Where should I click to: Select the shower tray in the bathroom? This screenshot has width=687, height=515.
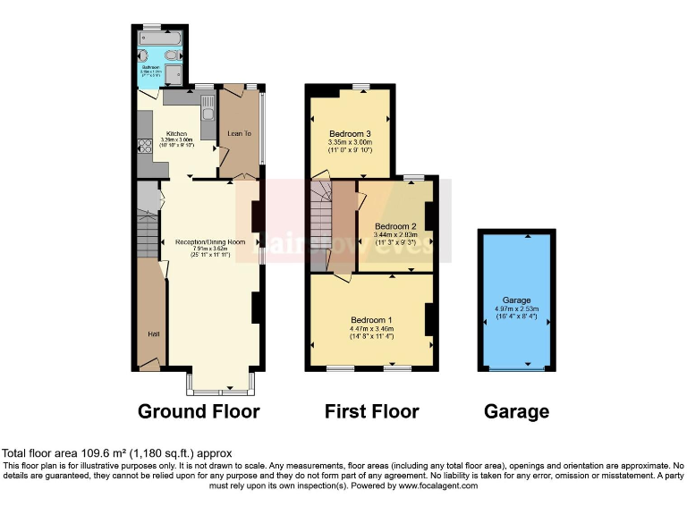point(174,73)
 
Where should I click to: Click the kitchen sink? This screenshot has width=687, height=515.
point(208,110)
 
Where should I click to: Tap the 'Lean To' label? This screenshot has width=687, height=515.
point(239,132)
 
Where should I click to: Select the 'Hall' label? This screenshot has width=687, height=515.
point(153,334)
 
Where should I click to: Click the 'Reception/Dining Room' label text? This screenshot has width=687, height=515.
point(210,242)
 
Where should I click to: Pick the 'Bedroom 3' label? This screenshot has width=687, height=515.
point(349,133)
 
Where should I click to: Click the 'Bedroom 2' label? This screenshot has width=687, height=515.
point(395,226)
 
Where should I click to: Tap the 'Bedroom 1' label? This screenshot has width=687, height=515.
point(371,319)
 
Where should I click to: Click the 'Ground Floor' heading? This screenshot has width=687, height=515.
point(199,411)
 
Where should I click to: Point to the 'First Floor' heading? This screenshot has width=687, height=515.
point(371,411)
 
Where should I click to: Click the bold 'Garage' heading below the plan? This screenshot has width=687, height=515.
point(516,411)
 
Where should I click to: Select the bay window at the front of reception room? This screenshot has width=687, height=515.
point(220,385)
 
